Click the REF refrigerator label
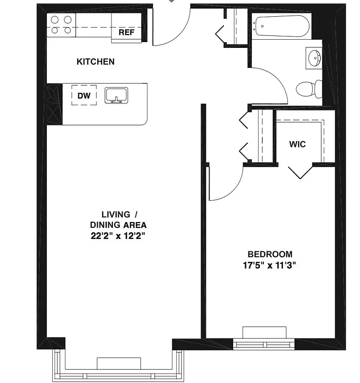(x=126, y=33)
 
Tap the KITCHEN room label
(x=96, y=62)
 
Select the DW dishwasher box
(x=84, y=95)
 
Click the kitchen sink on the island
(x=116, y=95)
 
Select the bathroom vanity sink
(x=315, y=58)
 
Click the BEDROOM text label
(x=270, y=254)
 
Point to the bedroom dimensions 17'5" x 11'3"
(x=270, y=266)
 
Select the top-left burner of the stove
(x=55, y=20)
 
